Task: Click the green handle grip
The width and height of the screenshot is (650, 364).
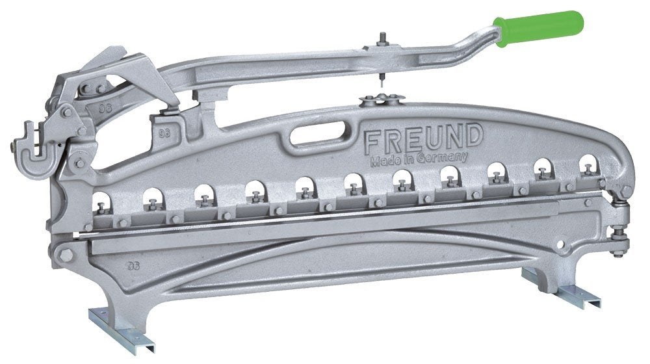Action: tap(539, 28)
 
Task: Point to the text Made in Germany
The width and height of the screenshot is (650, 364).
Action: tap(419, 159)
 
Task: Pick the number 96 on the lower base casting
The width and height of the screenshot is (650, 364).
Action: tap(133, 266)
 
